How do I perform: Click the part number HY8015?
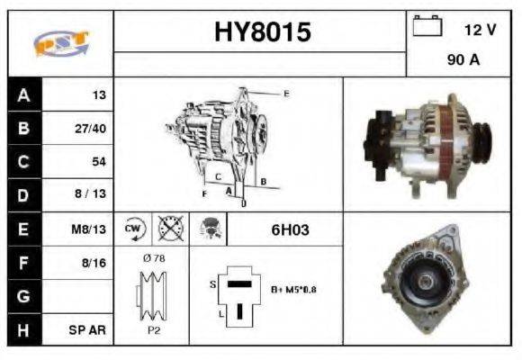(x=261, y=32)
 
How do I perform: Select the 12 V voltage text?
(x=480, y=30)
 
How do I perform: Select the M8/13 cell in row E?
(x=90, y=229)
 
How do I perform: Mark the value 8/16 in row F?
(x=94, y=263)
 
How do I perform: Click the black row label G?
(x=23, y=296)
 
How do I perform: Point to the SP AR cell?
(x=89, y=330)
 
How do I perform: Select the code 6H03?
(x=290, y=230)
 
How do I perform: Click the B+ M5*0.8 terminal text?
(x=294, y=289)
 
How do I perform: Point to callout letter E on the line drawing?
(x=286, y=94)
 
